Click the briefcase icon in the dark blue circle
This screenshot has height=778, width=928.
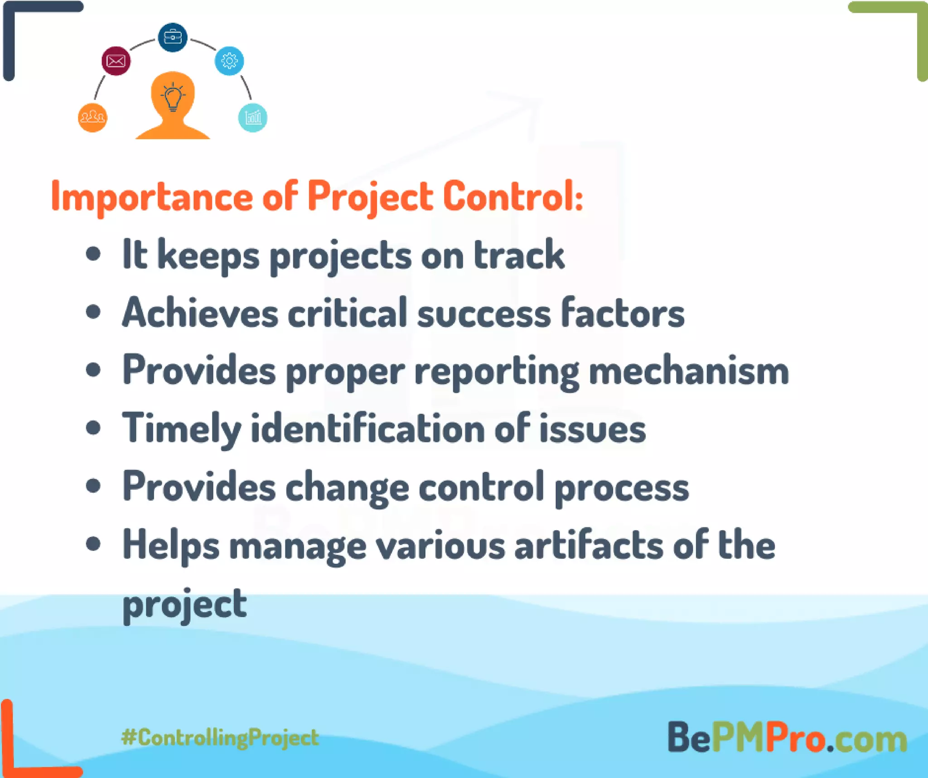172,37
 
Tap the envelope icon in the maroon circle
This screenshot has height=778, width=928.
116,61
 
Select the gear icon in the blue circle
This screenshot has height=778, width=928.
229,61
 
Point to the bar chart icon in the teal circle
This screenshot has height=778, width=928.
253,118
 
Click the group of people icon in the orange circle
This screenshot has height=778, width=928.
92,118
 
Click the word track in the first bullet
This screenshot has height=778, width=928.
519,255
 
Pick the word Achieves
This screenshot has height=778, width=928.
200,313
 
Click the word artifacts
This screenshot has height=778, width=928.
589,546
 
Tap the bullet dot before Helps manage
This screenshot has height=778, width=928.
93,544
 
